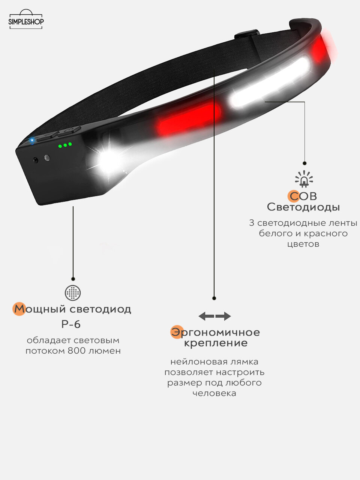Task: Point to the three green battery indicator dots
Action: coord(65,145)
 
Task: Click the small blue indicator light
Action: coord(32,141)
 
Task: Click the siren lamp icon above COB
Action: coord(304,179)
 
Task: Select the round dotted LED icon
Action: coord(73,293)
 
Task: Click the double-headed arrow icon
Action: coord(214,316)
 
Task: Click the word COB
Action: coord(303,196)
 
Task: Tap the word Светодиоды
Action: coord(303,207)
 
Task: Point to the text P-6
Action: coord(71,324)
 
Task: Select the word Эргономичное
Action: coord(215,332)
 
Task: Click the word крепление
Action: coord(216,343)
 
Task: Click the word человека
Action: coord(214,393)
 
